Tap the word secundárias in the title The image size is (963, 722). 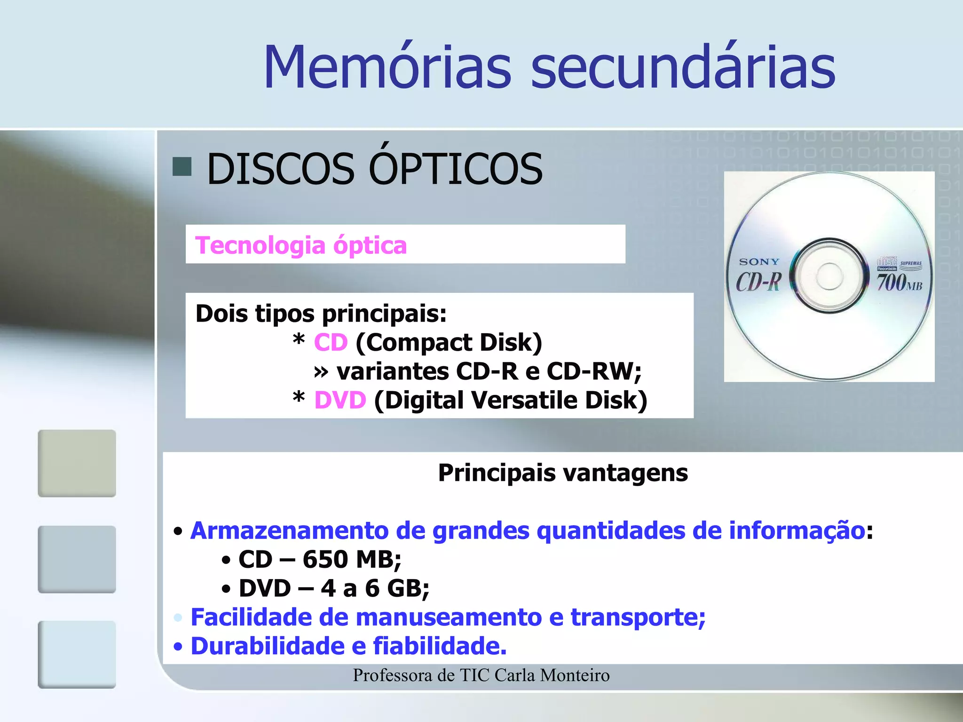(x=683, y=67)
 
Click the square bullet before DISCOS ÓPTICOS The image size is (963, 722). (x=182, y=166)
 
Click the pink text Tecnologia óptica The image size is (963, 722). (x=301, y=245)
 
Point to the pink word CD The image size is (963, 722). (x=331, y=342)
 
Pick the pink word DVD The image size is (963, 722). (x=340, y=400)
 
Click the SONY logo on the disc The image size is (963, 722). (x=759, y=262)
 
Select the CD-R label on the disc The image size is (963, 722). (x=758, y=282)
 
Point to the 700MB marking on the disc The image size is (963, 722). (x=899, y=283)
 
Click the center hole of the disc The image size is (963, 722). (x=829, y=276)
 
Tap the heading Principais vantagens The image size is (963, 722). (x=563, y=473)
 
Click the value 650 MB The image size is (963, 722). (x=351, y=559)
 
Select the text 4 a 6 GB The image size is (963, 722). (x=374, y=589)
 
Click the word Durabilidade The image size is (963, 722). (x=268, y=646)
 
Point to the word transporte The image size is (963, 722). (x=638, y=617)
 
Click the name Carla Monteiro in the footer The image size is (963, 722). (x=552, y=675)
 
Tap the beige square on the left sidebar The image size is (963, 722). (x=77, y=463)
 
